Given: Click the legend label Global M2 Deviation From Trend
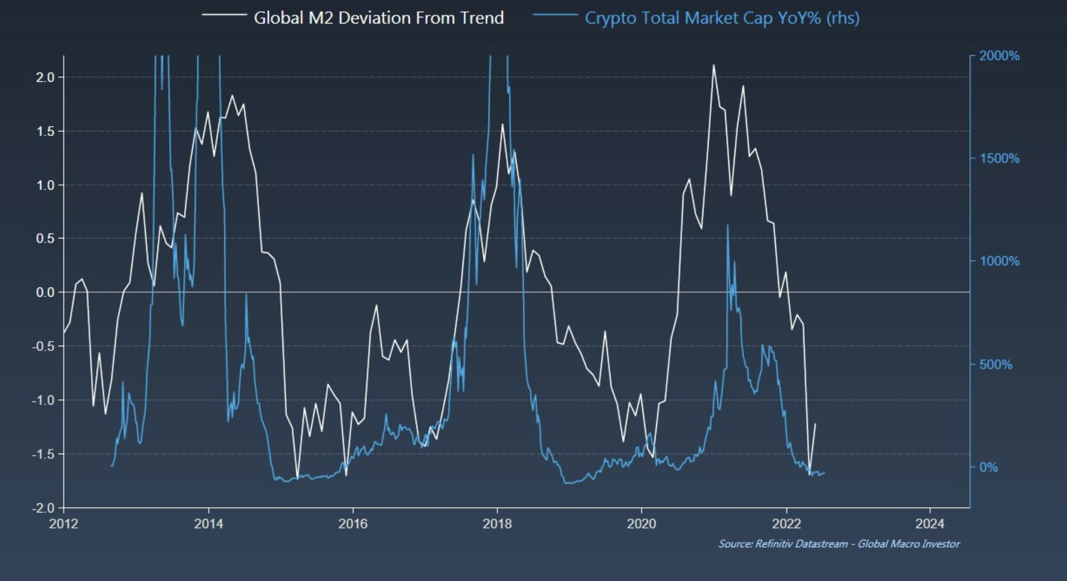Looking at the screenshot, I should click(379, 18).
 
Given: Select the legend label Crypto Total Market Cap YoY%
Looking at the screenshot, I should click(722, 18).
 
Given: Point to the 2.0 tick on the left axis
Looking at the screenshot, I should click(45, 77).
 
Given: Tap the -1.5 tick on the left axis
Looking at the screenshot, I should click(43, 454).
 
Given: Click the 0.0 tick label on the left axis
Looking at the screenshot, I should click(45, 293).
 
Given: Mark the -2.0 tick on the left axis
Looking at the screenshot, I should click(43, 508).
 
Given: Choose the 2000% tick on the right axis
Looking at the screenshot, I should click(999, 56).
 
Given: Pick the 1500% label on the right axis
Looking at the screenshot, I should click(999, 159).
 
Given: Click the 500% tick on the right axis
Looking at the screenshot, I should click(995, 365).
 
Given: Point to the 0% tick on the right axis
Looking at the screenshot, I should click(988, 467).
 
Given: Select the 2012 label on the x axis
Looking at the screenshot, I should click(64, 523).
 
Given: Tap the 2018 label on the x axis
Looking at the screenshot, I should click(497, 523).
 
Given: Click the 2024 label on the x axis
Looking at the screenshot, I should click(930, 523).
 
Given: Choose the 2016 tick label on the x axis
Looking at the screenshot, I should click(353, 523).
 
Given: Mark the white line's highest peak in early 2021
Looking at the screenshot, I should click(713, 65).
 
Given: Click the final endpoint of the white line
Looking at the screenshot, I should click(815, 423).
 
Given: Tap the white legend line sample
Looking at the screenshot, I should click(224, 15).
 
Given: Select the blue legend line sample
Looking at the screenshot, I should click(555, 15).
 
